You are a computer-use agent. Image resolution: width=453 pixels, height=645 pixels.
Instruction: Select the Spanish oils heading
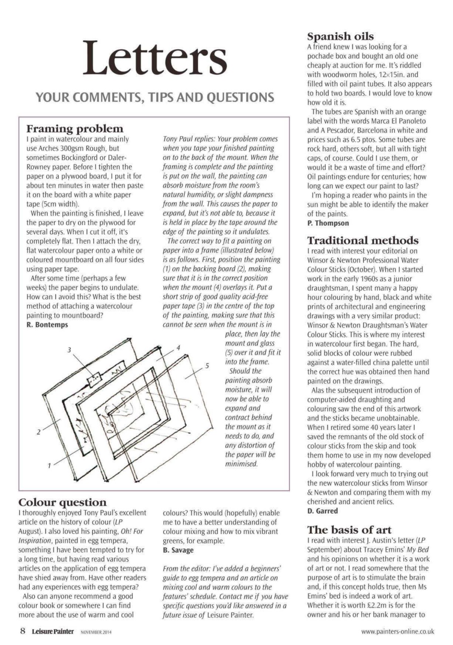click(340, 36)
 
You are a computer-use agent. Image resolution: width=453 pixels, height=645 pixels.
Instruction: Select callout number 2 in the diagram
click(39, 432)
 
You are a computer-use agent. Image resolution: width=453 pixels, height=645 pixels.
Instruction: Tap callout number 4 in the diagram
click(178, 348)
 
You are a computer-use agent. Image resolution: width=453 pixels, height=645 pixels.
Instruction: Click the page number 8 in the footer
click(23, 631)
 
